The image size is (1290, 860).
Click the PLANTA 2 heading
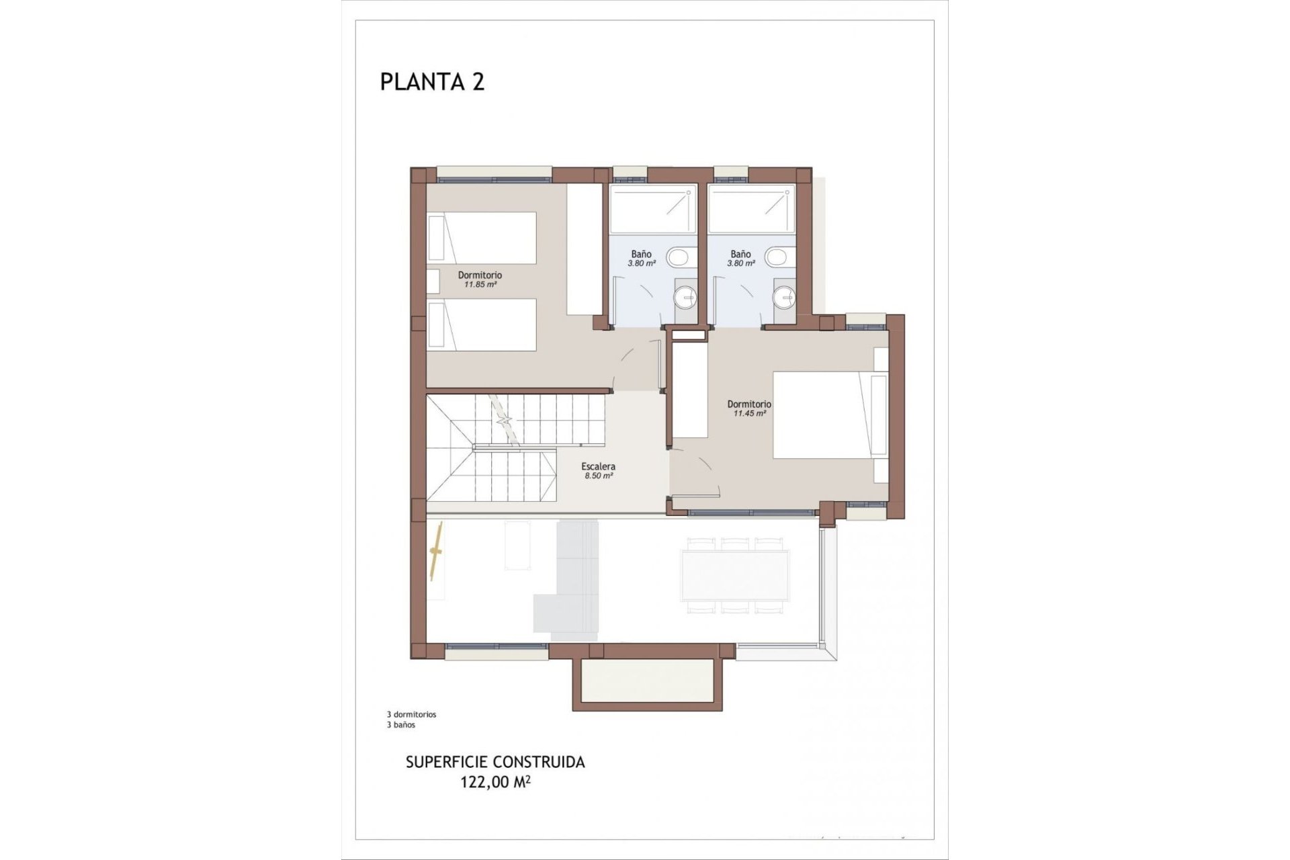432,81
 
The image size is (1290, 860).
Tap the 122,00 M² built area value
495,782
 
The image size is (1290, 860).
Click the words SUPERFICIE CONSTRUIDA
495,762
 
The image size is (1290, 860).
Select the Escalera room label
598,466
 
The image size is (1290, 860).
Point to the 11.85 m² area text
480,284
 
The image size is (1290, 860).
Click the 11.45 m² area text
749,414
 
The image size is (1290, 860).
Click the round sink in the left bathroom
686,296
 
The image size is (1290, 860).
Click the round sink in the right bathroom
785,296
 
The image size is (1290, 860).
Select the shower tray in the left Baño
652,209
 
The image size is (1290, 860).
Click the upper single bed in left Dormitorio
482,238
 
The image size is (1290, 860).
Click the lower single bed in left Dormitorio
482,325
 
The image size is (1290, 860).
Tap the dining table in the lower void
734,575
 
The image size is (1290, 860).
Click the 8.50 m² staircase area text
598,476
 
